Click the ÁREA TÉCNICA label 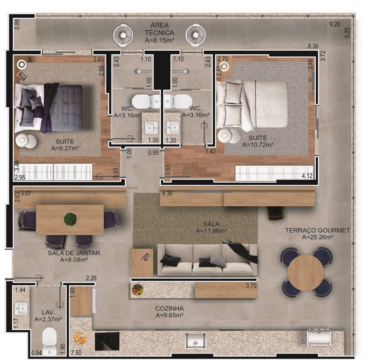(x=160, y=29)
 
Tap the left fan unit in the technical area (x=123, y=35)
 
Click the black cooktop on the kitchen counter (x=107, y=341)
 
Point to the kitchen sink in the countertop (x=196, y=341)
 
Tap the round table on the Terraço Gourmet (x=305, y=272)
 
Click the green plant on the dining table (x=70, y=219)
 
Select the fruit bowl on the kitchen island (x=137, y=290)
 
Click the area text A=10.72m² (x=258, y=144)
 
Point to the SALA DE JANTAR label (x=74, y=253)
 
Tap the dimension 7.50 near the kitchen (x=76, y=352)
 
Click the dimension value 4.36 (x=167, y=194)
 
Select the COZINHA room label (x=169, y=308)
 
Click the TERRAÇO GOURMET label (x=317, y=230)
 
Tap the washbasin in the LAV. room (x=21, y=308)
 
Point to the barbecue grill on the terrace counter (x=319, y=337)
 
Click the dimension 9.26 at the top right (x=335, y=24)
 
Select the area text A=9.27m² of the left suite (x=65, y=148)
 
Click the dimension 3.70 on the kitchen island (x=251, y=285)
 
